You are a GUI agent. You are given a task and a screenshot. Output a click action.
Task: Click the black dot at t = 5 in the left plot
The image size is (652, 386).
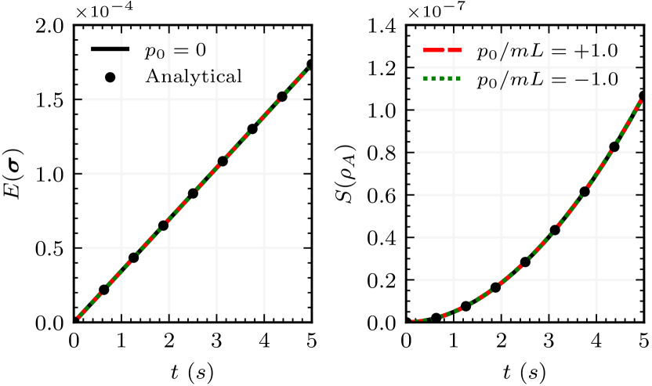coord(312,64)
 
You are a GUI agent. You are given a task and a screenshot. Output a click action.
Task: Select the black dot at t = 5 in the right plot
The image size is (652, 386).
coord(644,96)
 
